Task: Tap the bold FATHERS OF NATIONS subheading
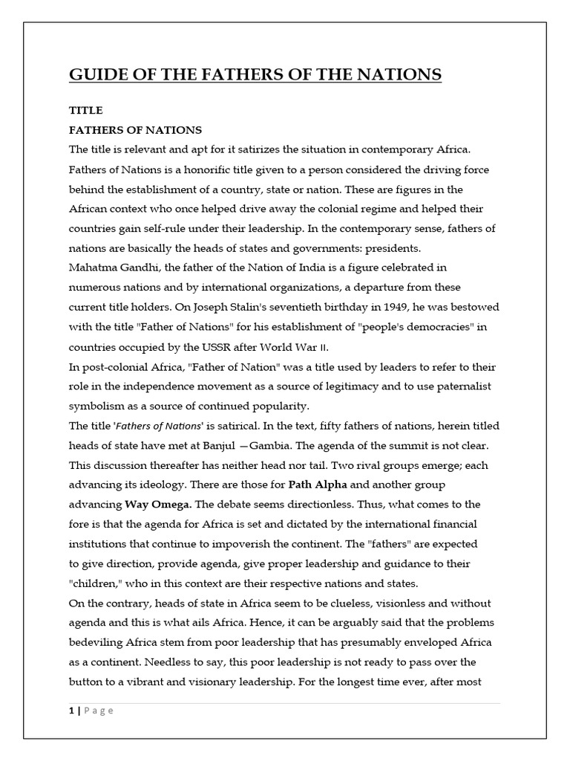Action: pyautogui.click(x=135, y=130)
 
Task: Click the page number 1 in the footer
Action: pyautogui.click(x=71, y=710)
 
